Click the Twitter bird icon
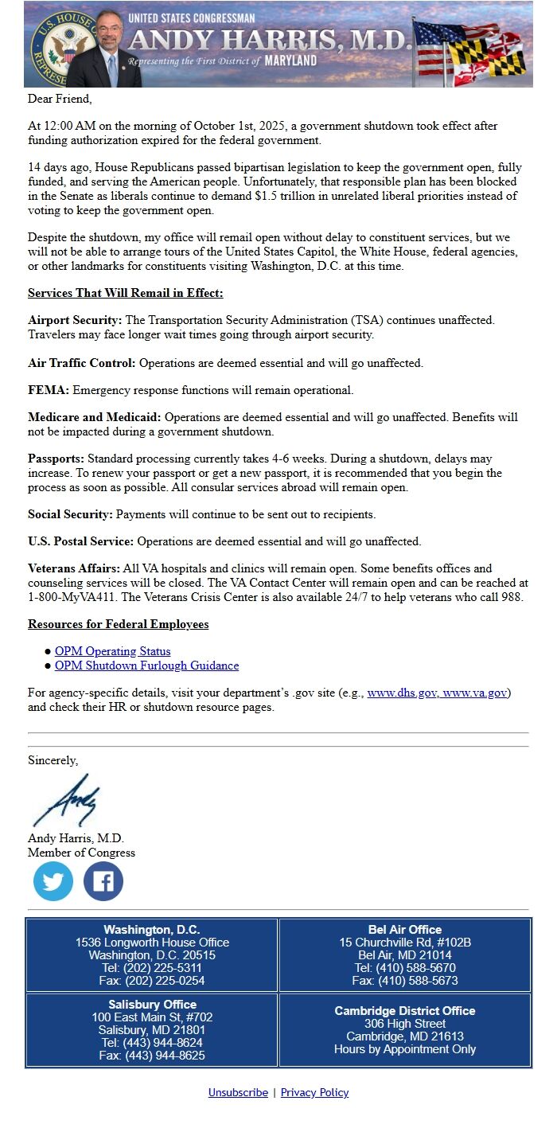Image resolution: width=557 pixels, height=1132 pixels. point(53,881)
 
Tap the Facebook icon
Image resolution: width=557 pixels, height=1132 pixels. point(103,881)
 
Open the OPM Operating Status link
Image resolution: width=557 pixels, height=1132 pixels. point(112,651)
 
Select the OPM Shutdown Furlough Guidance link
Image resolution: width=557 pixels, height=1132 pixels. point(146,666)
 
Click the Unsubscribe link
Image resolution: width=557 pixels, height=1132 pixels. point(238,1092)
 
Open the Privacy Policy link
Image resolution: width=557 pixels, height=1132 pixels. point(314,1092)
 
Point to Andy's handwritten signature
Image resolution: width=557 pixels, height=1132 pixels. point(68,800)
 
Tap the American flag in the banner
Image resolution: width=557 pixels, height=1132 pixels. point(434,40)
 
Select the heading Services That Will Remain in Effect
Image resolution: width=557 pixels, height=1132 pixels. point(126,293)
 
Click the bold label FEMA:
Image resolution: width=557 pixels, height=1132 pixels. point(49,390)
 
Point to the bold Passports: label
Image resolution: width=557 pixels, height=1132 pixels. point(56,459)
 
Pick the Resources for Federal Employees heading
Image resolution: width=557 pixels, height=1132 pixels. point(119,624)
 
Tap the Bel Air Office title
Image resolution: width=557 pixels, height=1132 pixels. point(404,929)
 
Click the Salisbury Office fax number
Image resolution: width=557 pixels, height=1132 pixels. point(152,1056)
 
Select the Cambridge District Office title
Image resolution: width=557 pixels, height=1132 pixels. point(404,1011)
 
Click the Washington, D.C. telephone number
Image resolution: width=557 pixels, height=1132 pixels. point(152,968)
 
